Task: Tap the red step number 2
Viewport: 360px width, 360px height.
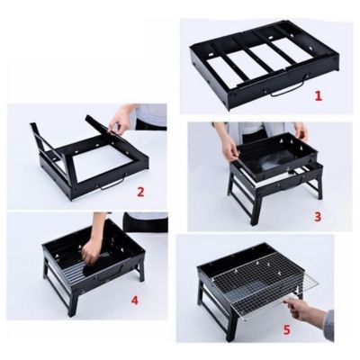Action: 140,190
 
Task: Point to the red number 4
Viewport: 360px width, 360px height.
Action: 134,300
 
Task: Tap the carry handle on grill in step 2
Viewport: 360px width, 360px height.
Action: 112,186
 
